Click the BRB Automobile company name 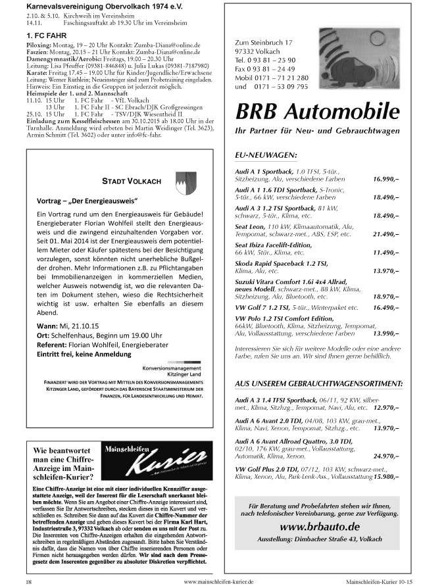[x=318, y=109]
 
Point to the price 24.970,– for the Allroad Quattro [x=386, y=455]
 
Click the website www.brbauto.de [x=319, y=526]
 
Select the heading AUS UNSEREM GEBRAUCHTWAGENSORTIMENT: [x=319, y=383]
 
